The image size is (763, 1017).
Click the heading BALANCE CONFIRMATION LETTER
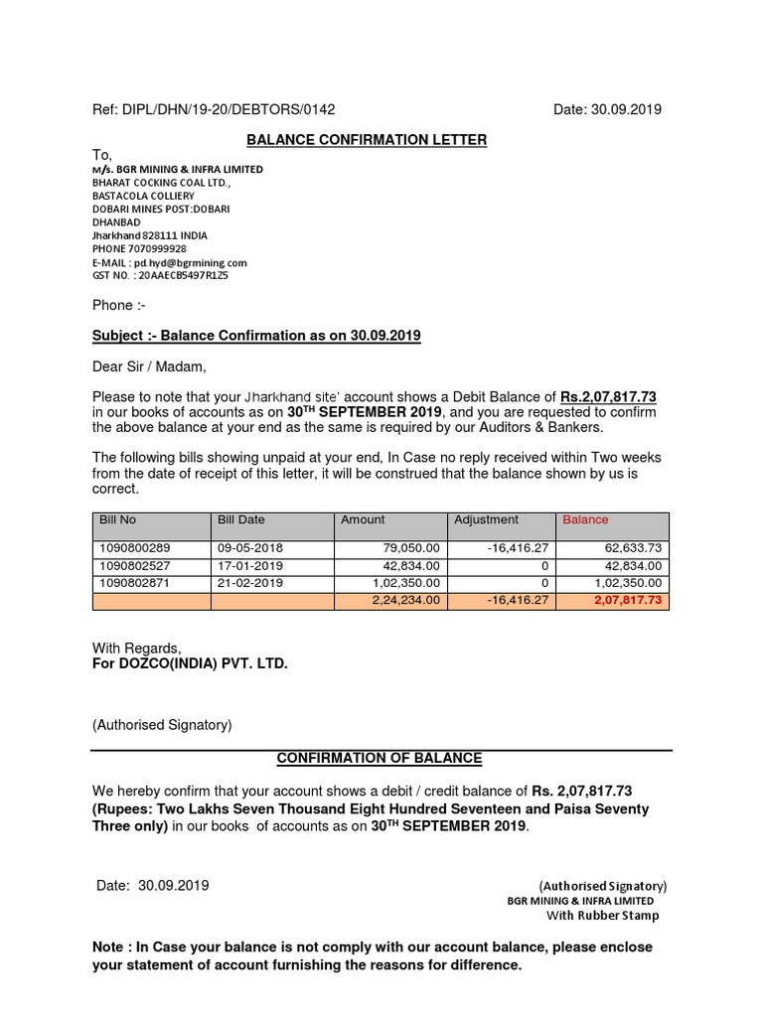[367, 140]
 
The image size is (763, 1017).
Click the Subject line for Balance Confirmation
[256, 336]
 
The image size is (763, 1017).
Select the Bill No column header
[117, 519]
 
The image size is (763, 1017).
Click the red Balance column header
[585, 519]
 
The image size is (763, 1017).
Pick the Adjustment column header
[486, 519]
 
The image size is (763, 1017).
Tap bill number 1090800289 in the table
[134, 548]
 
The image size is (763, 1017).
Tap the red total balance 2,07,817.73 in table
[627, 601]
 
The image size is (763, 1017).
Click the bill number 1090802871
[134, 583]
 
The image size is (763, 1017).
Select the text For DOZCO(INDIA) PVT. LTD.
[190, 663]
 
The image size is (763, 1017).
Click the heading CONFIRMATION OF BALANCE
[379, 758]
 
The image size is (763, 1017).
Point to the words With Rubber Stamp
[602, 915]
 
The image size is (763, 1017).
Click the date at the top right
[607, 109]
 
